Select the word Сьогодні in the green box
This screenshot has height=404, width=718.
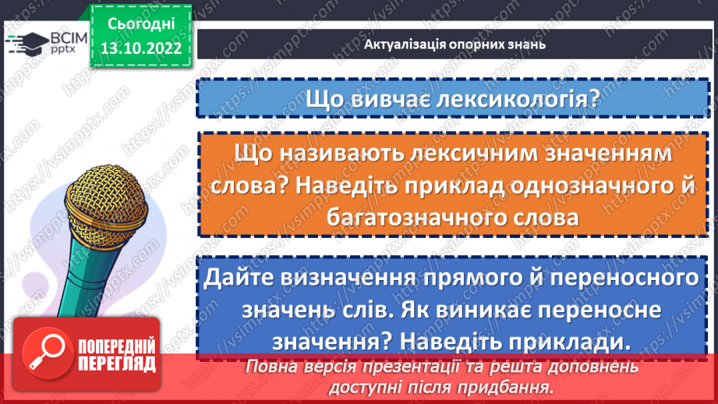click(140, 23)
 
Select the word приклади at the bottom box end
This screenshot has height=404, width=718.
click(564, 342)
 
